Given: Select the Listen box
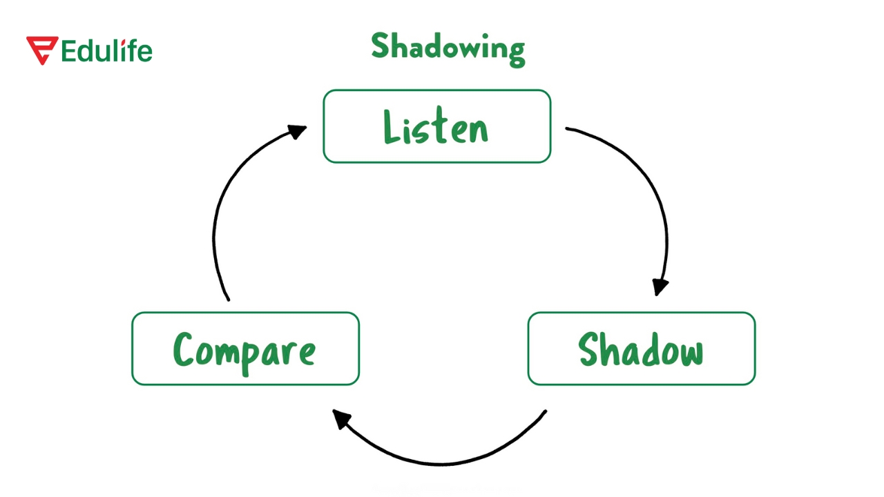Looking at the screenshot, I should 436,126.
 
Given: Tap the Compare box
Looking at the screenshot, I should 245,349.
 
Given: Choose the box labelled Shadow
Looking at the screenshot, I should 641,349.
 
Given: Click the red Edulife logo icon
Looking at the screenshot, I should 41,50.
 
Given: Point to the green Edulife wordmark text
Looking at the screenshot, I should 106,51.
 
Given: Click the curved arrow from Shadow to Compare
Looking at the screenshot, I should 442,459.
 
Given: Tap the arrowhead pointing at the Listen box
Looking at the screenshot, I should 298,130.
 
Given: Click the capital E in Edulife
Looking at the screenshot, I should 68,51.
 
